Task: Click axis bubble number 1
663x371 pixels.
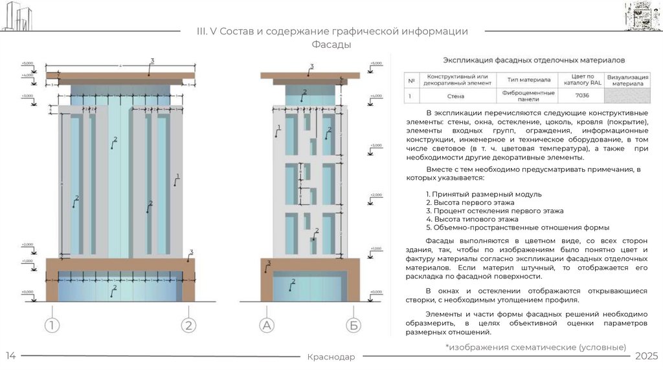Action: [x=52, y=325]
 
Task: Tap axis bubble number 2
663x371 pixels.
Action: [x=188, y=325]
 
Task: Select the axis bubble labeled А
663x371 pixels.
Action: [x=267, y=325]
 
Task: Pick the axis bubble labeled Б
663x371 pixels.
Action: [x=354, y=325]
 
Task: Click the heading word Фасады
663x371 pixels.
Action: [x=331, y=45]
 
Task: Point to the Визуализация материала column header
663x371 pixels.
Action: [x=626, y=79]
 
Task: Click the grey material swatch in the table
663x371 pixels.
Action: [x=626, y=96]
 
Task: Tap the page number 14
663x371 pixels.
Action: [x=11, y=357]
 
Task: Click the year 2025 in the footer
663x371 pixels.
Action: [x=646, y=357]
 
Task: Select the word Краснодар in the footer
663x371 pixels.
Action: [x=331, y=357]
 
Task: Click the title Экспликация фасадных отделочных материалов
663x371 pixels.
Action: [x=533, y=60]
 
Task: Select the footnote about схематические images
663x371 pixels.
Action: [x=535, y=347]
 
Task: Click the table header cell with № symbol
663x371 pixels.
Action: [x=410, y=79]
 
